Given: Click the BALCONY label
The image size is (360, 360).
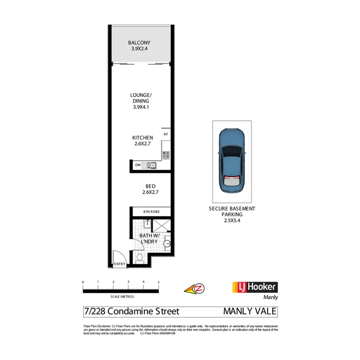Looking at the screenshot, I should (139, 43).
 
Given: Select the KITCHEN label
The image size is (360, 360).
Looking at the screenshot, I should (143, 138).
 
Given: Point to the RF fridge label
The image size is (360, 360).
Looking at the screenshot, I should (166, 134).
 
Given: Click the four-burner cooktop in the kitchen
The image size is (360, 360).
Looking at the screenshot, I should (166, 155).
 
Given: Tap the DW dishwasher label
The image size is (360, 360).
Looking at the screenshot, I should (138, 166).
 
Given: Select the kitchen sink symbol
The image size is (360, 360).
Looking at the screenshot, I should (152, 166).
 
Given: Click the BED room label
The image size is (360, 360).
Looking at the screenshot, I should (150, 186).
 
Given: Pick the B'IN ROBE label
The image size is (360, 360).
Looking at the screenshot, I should (151, 212).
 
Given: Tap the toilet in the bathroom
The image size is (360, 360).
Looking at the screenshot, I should (140, 258).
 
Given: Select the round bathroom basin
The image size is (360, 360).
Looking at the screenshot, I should (167, 244).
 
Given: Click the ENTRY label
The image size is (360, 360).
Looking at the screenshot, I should (119, 264).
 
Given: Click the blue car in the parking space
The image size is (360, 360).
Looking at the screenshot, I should (231, 161).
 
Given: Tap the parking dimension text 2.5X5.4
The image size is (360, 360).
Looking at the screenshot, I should (231, 221).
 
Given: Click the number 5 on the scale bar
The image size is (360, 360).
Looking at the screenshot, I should (158, 282).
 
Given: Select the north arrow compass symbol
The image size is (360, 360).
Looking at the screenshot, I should (195, 288).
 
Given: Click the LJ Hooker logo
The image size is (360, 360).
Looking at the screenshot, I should (254, 287).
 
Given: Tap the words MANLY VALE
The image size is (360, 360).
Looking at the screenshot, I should (250, 312).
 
